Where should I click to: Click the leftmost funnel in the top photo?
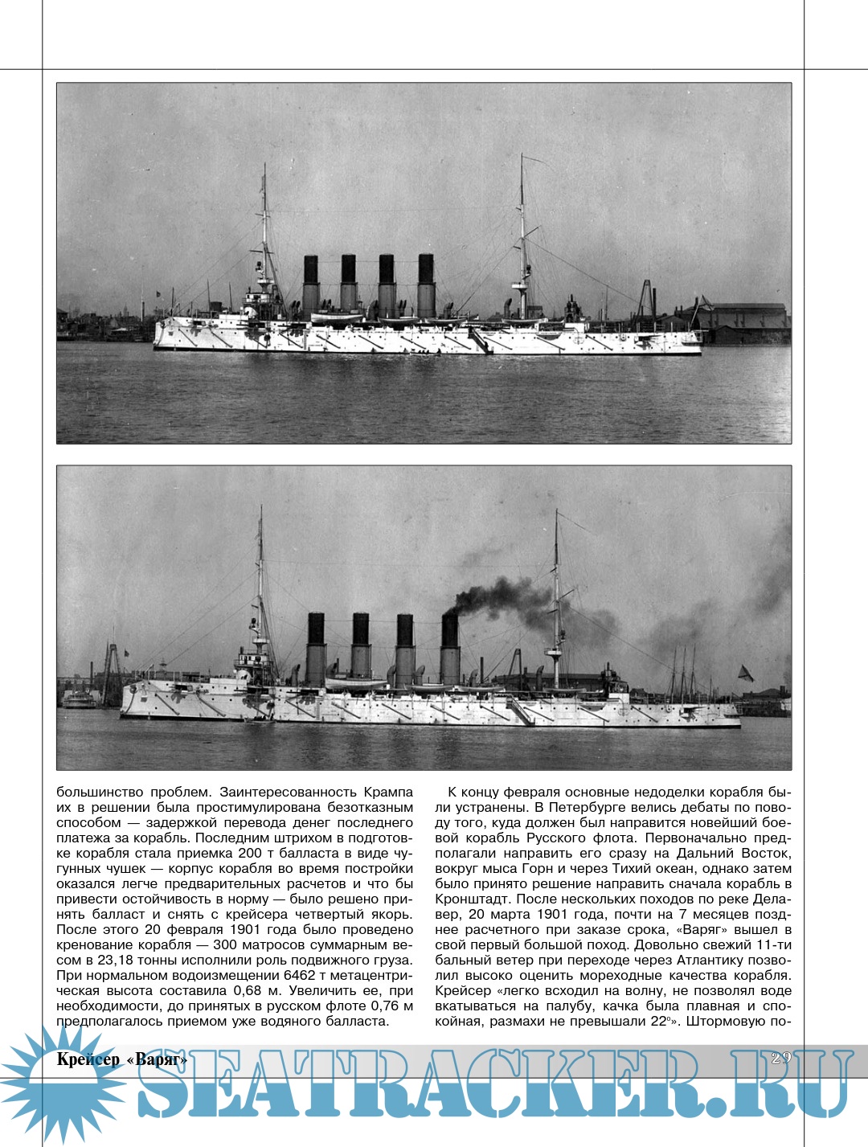310,286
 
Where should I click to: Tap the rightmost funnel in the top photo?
426,286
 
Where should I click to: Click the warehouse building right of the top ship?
743,322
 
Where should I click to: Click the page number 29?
780,1058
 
